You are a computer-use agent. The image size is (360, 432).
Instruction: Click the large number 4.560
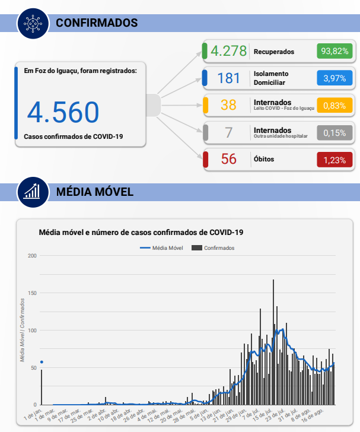point(63,112)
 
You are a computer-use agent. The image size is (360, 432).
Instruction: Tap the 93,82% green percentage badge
point(334,52)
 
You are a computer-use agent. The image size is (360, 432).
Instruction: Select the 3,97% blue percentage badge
point(334,78)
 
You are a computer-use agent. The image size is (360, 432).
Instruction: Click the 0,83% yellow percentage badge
point(334,106)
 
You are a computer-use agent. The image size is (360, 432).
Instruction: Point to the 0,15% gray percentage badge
point(334,133)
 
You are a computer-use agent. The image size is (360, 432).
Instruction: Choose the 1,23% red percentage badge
point(334,160)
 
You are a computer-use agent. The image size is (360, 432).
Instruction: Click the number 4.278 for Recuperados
point(228,52)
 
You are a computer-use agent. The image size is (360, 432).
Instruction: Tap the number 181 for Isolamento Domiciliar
point(228,78)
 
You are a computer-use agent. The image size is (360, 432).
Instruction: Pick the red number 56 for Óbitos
point(228,160)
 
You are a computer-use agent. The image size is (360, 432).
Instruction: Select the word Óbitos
point(264,160)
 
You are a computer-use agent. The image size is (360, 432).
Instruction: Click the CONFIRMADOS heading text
point(97,23)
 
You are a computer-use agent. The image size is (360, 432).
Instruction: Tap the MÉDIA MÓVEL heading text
point(94,192)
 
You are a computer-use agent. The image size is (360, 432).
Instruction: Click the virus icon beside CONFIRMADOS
point(33,23)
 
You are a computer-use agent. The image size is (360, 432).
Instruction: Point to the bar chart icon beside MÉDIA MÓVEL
point(33,192)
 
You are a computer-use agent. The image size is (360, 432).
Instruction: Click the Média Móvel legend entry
point(162,248)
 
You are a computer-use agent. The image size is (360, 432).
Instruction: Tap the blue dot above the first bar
point(42,362)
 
